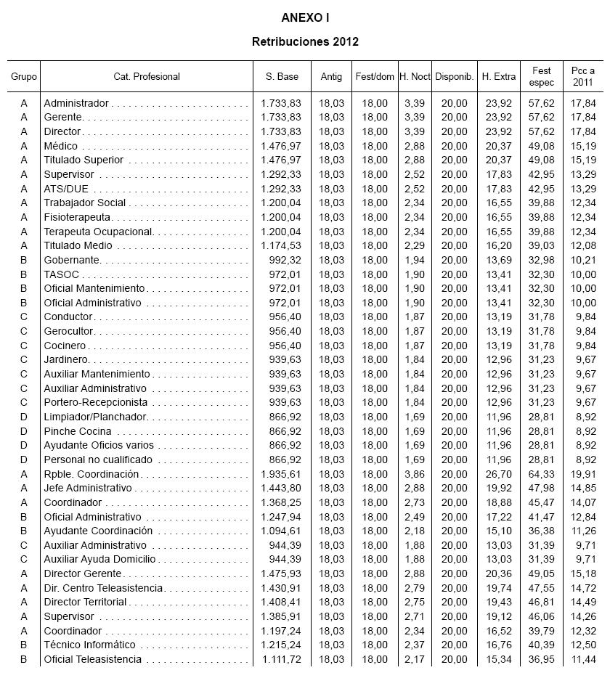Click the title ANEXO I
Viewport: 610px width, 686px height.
pyautogui.click(x=305, y=17)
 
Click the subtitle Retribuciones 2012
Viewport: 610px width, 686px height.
pyautogui.click(x=305, y=41)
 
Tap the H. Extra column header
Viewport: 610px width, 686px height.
pyautogui.click(x=499, y=76)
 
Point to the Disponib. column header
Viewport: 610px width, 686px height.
pyautogui.click(x=455, y=76)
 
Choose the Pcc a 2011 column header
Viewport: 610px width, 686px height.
pyautogui.click(x=582, y=76)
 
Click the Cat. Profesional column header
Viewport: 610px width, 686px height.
pyautogui.click(x=147, y=76)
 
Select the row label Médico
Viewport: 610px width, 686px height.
pyautogui.click(x=61, y=146)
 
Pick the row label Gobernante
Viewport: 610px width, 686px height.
pyautogui.click(x=72, y=260)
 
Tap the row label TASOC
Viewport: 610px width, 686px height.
pyautogui.click(x=61, y=274)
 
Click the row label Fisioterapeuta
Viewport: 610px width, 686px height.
pyautogui.click(x=77, y=217)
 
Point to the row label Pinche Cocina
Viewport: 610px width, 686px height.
pyautogui.click(x=78, y=431)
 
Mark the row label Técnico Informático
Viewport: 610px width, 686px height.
pyautogui.click(x=89, y=645)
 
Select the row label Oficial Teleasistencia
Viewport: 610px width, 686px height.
pyautogui.click(x=93, y=659)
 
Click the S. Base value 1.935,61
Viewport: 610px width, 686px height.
pyautogui.click(x=281, y=474)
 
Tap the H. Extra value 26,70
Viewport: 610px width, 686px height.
pyautogui.click(x=499, y=474)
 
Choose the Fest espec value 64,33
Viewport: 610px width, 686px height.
pyautogui.click(x=542, y=474)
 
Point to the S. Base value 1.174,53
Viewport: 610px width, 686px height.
pyautogui.click(x=281, y=246)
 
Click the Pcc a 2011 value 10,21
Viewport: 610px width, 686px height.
pyautogui.click(x=582, y=260)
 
